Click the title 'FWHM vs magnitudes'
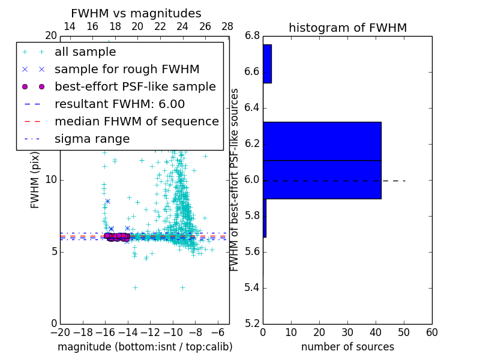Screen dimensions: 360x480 coord(136,13)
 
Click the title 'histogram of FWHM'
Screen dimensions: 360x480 coord(347,28)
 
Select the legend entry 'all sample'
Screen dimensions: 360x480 coord(85,52)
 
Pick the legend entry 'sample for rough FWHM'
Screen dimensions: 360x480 coord(127,70)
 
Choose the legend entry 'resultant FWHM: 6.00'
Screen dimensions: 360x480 coord(119,104)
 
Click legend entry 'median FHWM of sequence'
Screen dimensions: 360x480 coord(136,121)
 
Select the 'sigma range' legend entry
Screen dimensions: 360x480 coord(92,139)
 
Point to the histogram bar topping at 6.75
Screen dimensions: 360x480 coord(267,64)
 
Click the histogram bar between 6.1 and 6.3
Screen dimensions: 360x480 coord(322,142)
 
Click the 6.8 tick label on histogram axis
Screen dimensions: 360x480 coord(253,36)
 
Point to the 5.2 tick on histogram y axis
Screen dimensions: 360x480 coord(253,324)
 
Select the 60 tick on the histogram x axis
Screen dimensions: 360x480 coord(431,332)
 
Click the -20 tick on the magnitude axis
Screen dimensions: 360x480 coord(60,332)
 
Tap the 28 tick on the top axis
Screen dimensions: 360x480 coord(227,26)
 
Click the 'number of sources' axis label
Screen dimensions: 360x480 coord(347,347)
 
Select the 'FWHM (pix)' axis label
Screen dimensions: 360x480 coord(35,180)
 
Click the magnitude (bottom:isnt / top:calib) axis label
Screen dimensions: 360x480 coord(145,347)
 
